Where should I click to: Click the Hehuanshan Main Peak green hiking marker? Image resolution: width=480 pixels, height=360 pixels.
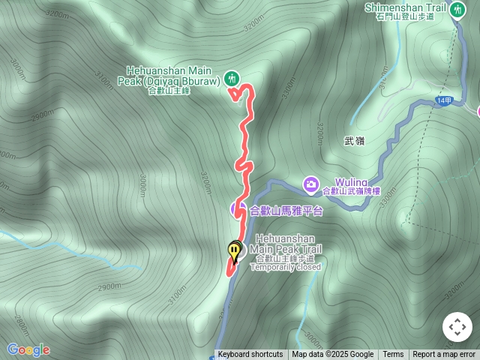click(x=232, y=76)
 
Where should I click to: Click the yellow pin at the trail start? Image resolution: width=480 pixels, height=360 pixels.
click(x=235, y=251)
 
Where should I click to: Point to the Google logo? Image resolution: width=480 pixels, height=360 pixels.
click(x=28, y=349)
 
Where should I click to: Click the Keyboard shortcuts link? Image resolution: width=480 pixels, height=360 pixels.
click(x=250, y=355)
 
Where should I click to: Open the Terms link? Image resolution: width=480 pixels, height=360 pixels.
click(x=393, y=355)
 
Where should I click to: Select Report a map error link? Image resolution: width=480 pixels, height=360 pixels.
click(x=444, y=355)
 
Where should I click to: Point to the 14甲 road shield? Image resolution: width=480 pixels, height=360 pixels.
click(x=442, y=100)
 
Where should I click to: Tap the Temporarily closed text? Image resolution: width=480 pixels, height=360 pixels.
click(x=285, y=267)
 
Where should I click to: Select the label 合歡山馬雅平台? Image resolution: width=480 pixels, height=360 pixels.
click(x=286, y=211)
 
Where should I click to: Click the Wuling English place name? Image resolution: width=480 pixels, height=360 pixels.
click(x=351, y=182)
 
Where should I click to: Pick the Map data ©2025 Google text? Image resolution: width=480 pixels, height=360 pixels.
click(x=333, y=355)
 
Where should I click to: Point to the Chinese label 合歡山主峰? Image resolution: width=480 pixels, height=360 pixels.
click(x=169, y=91)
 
